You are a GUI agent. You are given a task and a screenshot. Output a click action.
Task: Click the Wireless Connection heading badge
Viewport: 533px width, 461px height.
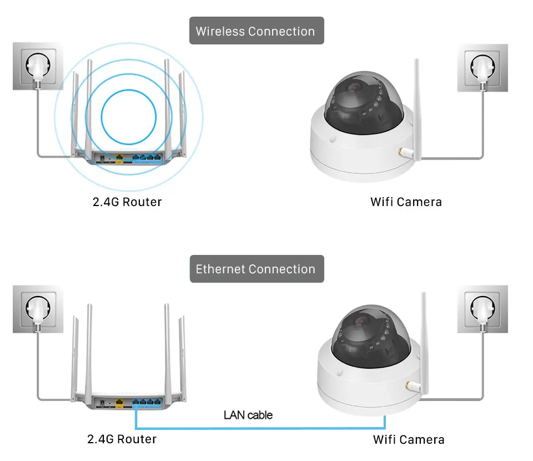(x=256, y=31)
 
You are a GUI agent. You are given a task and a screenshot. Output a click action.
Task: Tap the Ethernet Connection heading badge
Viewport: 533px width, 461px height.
(x=256, y=269)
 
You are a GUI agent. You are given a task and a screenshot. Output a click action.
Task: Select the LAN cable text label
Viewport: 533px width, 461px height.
(x=248, y=415)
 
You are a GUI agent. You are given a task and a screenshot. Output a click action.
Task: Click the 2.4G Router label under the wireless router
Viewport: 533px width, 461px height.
(x=127, y=202)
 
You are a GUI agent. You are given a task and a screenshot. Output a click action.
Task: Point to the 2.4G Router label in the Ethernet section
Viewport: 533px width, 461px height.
(x=122, y=439)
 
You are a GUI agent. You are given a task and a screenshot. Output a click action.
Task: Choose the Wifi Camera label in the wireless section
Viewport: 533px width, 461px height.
(x=406, y=202)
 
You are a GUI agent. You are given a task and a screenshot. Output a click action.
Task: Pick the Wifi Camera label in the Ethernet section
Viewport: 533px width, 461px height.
(x=409, y=440)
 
